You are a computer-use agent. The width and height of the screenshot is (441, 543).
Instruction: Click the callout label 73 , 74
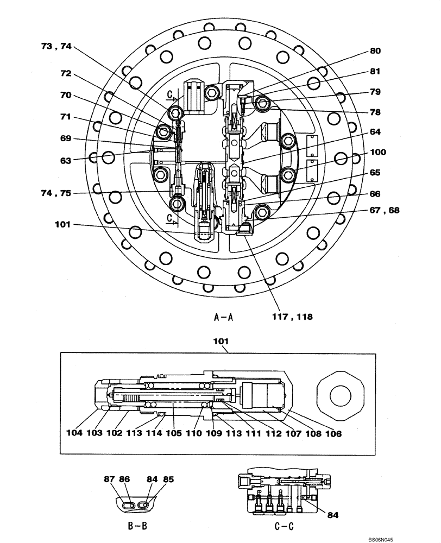click(56, 47)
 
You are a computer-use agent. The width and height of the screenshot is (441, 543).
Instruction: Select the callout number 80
click(375, 51)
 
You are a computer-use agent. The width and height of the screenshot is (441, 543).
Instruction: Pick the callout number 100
click(377, 153)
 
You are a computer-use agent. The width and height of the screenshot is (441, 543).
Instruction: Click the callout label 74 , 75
click(56, 193)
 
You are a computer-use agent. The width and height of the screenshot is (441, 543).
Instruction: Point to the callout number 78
click(375, 112)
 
